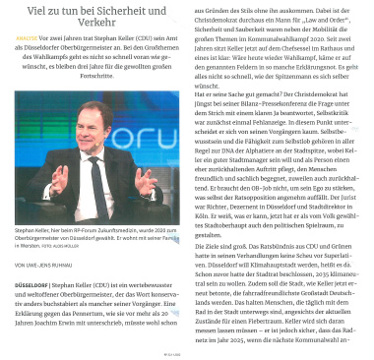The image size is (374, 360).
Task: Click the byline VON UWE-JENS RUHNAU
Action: click(44, 265)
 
